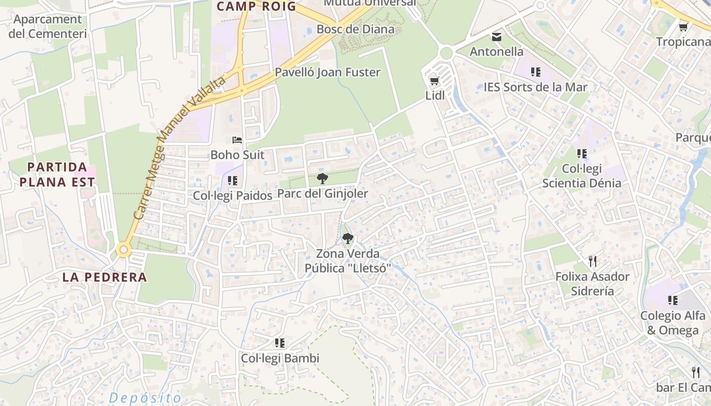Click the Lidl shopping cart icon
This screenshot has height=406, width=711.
click(434, 81)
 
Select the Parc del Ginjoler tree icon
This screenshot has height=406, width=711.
click(322, 178)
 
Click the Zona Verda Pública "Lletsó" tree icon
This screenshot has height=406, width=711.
click(348, 238)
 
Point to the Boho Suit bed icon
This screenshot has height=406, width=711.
click(237, 140)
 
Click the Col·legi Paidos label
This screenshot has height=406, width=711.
click(233, 195)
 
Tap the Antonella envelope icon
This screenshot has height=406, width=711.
click(496, 37)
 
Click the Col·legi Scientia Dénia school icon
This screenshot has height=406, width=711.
click(581, 153)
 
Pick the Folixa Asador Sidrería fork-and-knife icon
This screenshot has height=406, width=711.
click(592, 261)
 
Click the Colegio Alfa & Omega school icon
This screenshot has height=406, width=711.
click(672, 300)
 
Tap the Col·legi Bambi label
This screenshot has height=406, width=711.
click(280, 358)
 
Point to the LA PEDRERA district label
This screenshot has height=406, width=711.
click(105, 278)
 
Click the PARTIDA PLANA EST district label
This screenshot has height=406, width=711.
click(57, 174)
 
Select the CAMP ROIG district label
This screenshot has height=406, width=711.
click(256, 7)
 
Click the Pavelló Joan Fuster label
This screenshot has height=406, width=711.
click(328, 72)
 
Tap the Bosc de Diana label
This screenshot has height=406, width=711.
click(355, 29)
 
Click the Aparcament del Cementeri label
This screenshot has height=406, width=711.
click(48, 26)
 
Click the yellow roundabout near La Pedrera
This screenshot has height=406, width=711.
click(123, 250)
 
